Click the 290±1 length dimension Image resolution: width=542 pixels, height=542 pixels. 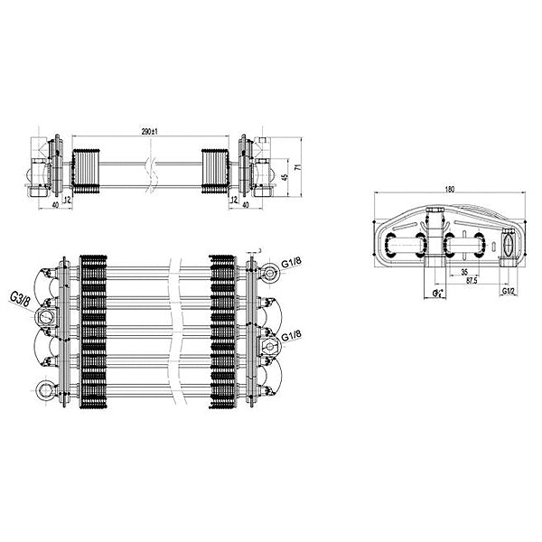(x=151, y=132)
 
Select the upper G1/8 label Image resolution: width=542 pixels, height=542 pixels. (x=291, y=263)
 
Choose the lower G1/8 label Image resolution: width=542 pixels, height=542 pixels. (x=292, y=336)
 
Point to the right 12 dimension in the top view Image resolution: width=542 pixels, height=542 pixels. (x=234, y=197)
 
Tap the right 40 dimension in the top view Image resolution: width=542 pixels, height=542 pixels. (x=246, y=205)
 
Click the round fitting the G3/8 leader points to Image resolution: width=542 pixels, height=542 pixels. (x=42, y=317)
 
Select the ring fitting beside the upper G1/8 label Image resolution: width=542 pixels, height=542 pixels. (x=271, y=271)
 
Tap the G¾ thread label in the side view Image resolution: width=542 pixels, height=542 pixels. (x=437, y=294)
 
